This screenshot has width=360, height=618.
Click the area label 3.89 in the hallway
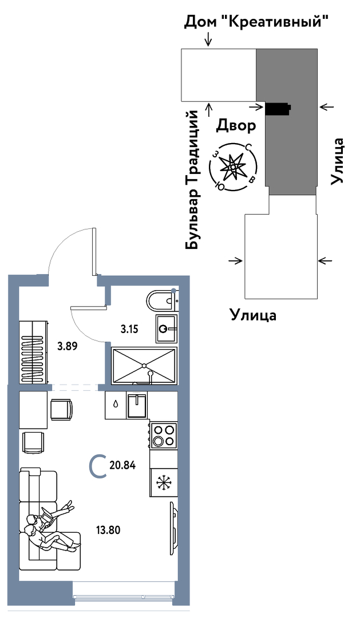[x=68, y=346]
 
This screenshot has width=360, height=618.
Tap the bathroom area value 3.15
[x=129, y=329]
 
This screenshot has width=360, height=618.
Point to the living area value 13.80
[x=108, y=530]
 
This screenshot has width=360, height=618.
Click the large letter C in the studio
[x=98, y=466]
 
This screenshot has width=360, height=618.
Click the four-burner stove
[x=164, y=435]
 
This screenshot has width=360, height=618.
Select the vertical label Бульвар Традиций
[x=193, y=180]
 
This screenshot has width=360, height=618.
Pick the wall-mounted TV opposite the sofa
[x=172, y=529]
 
